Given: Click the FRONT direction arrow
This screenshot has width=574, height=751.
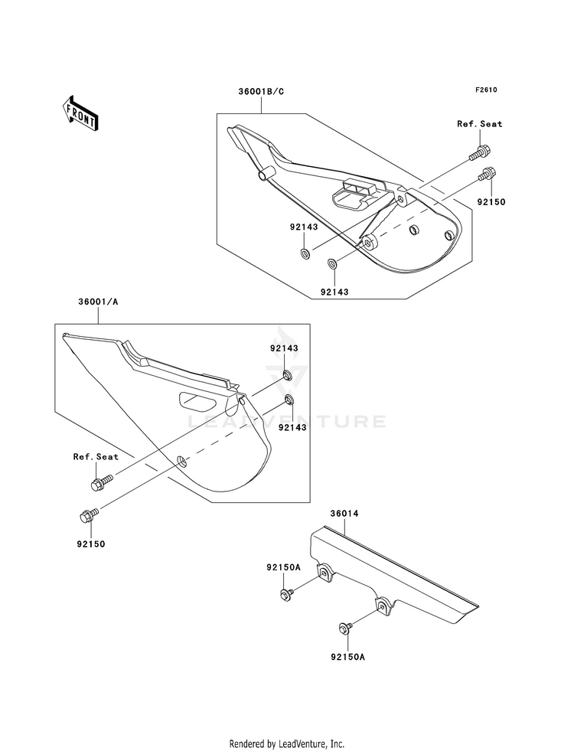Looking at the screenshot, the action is [81, 113].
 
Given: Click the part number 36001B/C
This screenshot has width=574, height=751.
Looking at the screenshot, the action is [261, 91].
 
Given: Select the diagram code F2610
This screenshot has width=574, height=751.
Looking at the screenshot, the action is [486, 90].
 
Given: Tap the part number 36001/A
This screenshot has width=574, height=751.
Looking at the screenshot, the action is [98, 302].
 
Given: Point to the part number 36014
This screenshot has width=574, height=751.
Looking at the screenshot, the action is [344, 514].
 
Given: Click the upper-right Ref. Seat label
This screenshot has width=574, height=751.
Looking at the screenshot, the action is [480, 124].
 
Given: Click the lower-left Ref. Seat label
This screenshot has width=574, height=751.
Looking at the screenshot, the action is [96, 457].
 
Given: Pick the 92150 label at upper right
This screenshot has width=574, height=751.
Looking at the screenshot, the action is [491, 202].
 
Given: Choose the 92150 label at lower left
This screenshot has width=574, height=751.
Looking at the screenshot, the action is [90, 544].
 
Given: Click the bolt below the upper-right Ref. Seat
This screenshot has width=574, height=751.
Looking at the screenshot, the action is [480, 152].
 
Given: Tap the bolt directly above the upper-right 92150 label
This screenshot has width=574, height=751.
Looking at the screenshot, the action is [487, 175].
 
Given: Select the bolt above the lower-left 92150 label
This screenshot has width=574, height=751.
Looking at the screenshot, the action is [89, 516].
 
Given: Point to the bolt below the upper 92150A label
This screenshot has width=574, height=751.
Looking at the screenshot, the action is [287, 593].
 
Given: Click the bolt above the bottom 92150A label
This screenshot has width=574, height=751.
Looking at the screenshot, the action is [346, 628].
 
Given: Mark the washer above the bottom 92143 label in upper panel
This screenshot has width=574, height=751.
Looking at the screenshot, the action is [331, 263].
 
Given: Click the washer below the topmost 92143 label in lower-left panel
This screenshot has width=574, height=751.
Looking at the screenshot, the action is [289, 374].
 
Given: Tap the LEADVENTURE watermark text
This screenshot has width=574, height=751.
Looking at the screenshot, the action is [286, 422].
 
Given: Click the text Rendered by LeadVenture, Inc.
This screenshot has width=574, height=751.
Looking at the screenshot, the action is [287, 744].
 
